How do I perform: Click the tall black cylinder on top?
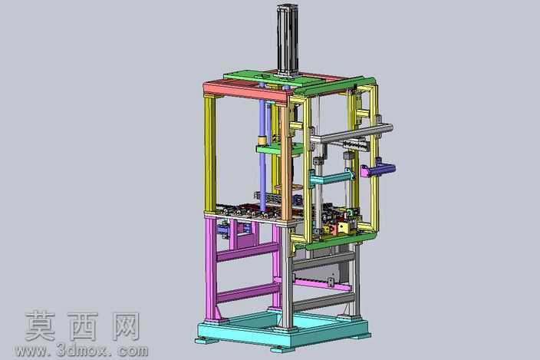point(287,41)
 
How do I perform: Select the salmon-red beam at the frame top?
point(246,91)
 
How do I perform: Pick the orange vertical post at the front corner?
point(285,162)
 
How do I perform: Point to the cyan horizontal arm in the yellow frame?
point(331,179)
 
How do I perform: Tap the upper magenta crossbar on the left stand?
point(247,252)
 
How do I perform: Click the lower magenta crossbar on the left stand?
point(247,292)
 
